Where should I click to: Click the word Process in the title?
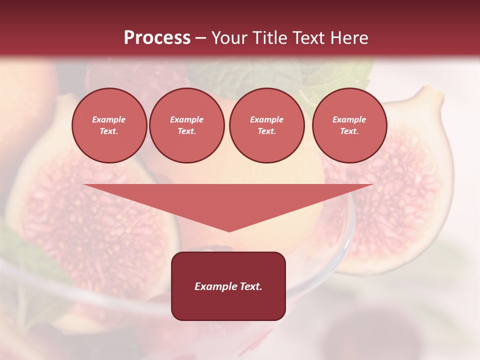point(157,38)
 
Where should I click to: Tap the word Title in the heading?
point(271,38)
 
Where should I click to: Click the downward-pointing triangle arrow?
point(228,200)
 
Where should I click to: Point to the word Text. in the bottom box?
point(250,286)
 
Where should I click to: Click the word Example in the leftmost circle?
point(109,119)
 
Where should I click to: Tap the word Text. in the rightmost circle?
point(349,131)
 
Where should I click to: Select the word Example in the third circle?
point(266,119)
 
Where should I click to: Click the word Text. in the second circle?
point(186,131)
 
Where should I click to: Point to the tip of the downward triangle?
point(229,230)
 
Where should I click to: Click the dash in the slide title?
point(200,38)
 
